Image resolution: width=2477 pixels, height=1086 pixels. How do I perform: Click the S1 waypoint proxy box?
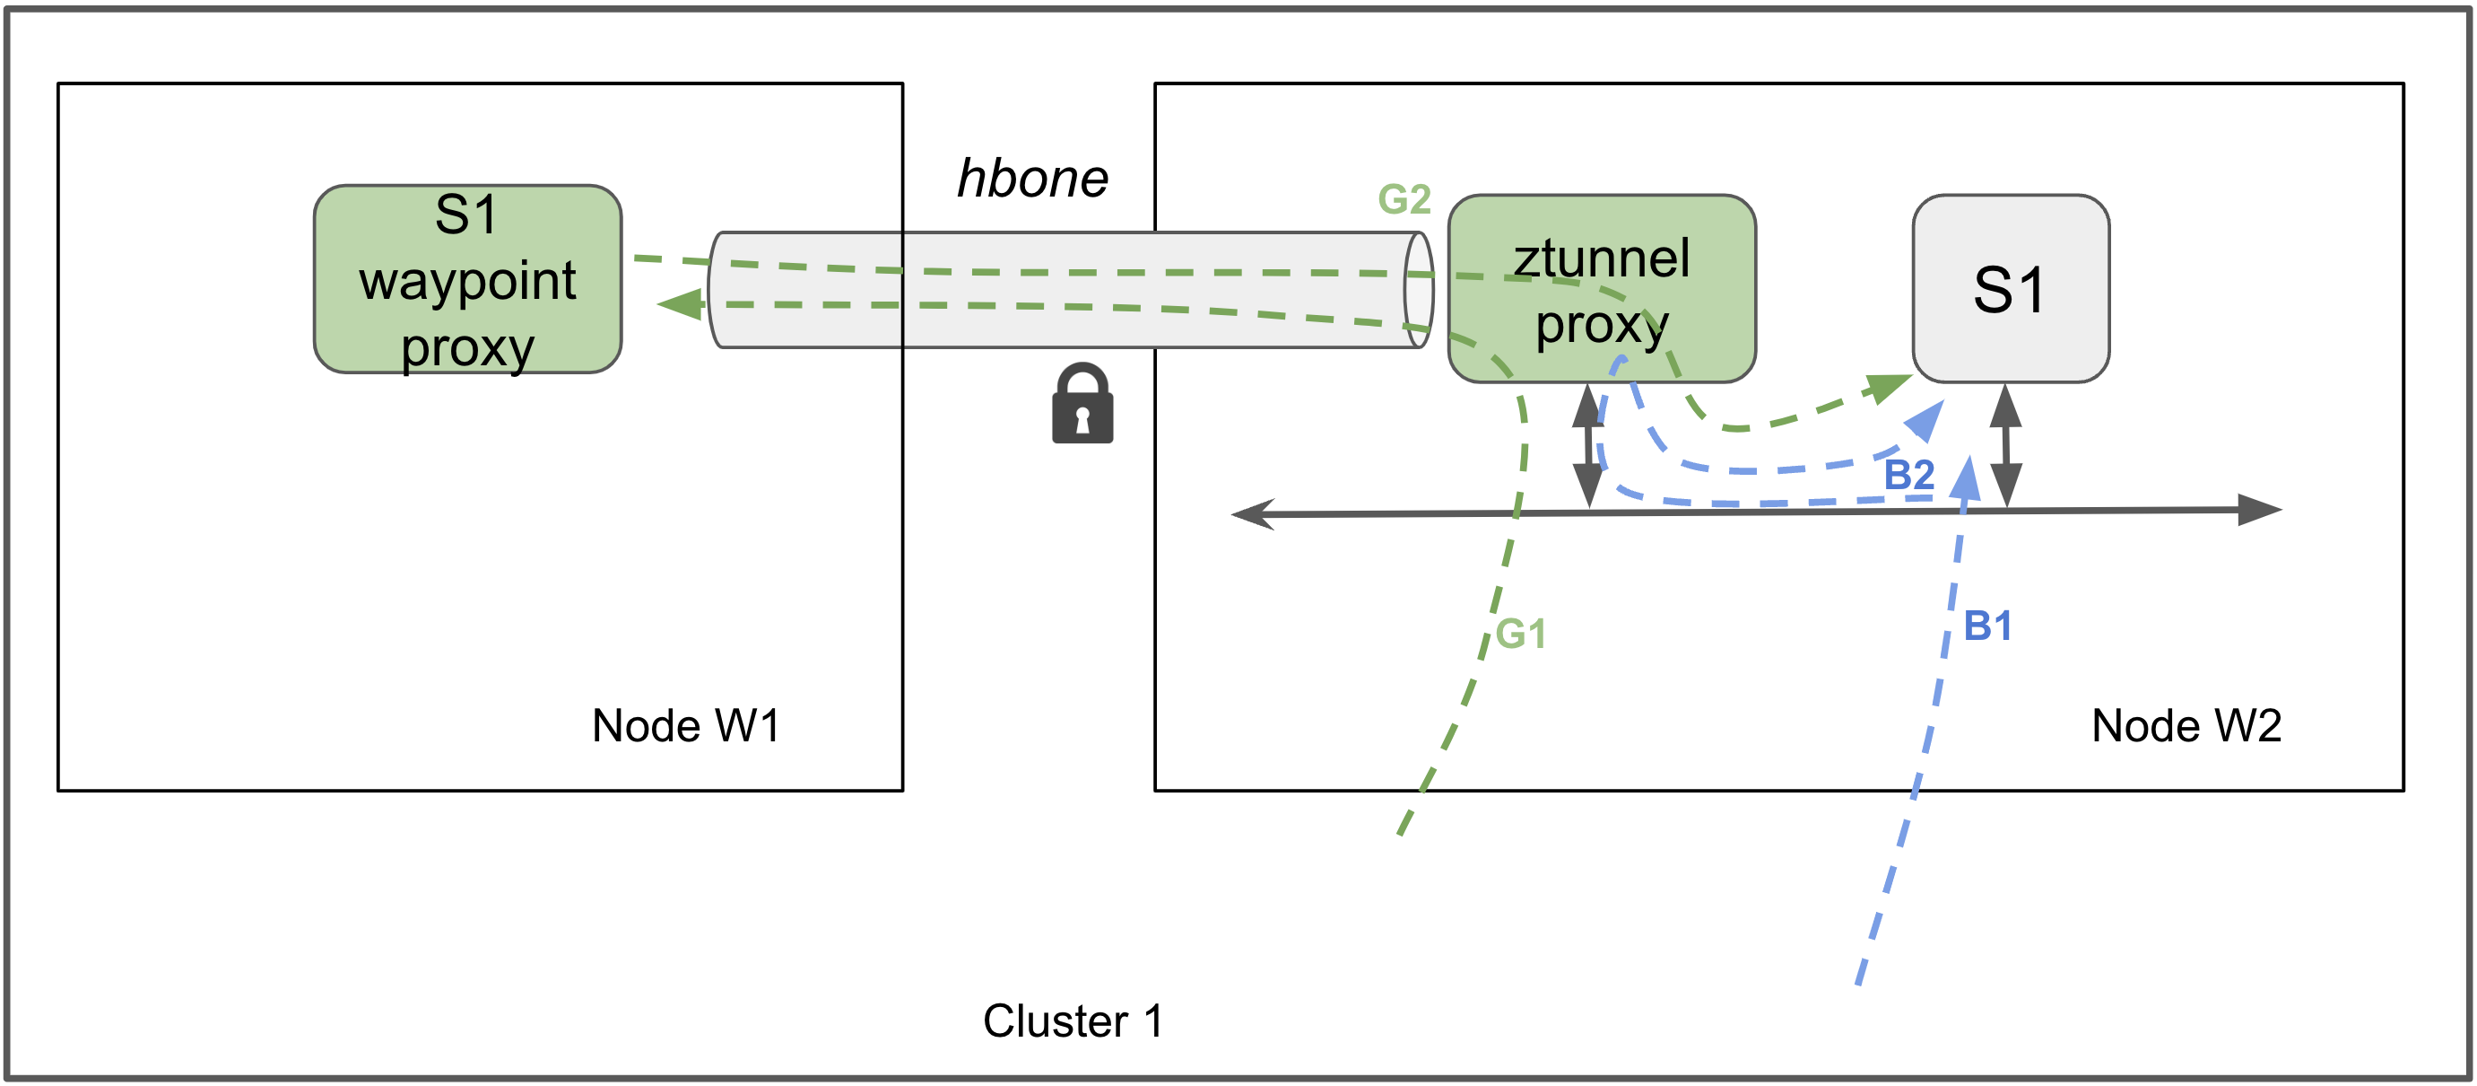[x=467, y=279]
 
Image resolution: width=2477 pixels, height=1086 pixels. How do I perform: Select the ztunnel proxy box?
[x=1601, y=289]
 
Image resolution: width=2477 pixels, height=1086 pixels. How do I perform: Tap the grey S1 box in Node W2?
[x=2010, y=289]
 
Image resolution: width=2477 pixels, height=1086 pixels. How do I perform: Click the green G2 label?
[x=1404, y=200]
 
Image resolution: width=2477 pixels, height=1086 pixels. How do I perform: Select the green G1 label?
[x=1521, y=634]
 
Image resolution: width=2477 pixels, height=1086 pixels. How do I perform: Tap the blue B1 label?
[x=1986, y=626]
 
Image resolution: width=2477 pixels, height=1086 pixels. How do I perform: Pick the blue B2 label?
[x=1908, y=474]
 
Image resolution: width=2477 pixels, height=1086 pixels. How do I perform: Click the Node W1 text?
[x=684, y=725]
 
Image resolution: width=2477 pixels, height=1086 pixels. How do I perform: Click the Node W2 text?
[x=2186, y=725]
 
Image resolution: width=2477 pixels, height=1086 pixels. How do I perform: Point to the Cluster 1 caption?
[x=1073, y=1020]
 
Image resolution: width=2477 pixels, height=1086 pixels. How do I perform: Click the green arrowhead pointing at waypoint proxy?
[x=681, y=304]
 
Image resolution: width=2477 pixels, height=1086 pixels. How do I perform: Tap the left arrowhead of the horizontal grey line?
[x=1254, y=513]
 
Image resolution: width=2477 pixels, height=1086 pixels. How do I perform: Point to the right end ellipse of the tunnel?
[x=1419, y=290]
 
